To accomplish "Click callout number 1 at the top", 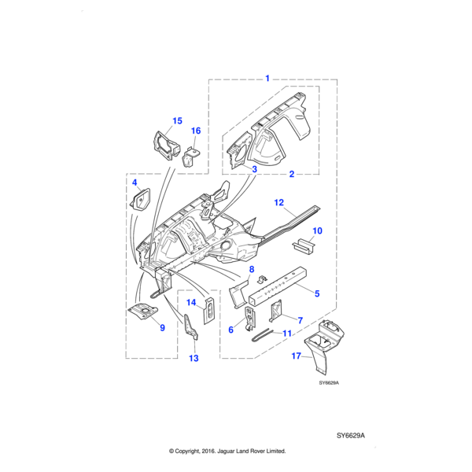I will (267, 79).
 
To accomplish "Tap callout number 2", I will (291, 174).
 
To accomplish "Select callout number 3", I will (254, 169).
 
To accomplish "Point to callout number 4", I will (135, 183).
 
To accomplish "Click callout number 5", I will (316, 293).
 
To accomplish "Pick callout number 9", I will (162, 328).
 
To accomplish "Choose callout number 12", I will (278, 203).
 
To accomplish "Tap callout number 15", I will (177, 121).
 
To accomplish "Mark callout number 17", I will (296, 356).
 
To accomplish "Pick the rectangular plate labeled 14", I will (210, 308).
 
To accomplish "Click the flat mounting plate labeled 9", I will (144, 312).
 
